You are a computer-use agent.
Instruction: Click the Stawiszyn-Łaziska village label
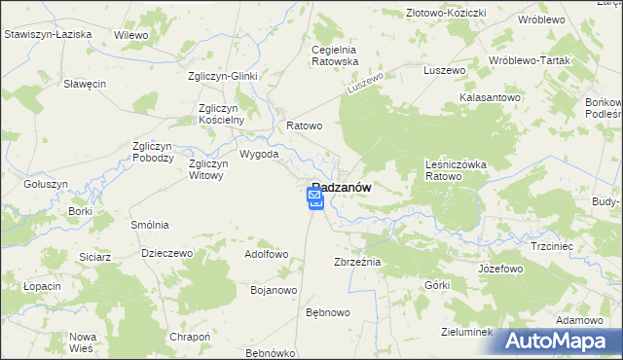point(48,34)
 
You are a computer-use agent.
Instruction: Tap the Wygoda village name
point(259,154)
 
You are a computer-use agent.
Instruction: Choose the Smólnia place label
point(151,224)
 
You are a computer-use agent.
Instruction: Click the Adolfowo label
point(267,254)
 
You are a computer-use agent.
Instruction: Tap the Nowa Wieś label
point(82,342)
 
